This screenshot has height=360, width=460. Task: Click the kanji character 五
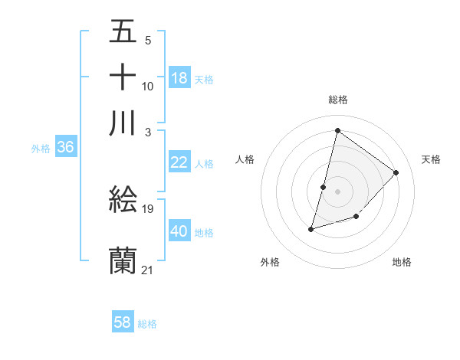tap(123, 32)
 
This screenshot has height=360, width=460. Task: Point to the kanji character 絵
tap(123, 201)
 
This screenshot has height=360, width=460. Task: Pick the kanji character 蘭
tap(123, 260)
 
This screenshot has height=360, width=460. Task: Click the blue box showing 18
tap(179, 78)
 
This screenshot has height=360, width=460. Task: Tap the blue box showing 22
tap(179, 162)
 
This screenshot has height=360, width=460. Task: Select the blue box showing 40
tap(179, 231)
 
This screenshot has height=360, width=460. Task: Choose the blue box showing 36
tap(65, 148)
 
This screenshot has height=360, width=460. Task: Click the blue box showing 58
tap(123, 322)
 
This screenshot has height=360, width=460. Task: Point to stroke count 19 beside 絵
tap(149, 208)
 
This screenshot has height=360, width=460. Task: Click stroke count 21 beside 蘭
tap(148, 269)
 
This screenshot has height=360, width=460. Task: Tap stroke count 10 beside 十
tap(148, 86)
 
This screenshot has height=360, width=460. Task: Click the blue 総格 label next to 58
tap(147, 323)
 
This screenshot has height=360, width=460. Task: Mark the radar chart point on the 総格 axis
tap(337, 130)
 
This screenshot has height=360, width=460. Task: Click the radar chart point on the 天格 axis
tap(396, 172)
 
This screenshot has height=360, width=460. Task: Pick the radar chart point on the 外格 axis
tap(311, 228)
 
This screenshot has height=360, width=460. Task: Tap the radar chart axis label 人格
tap(245, 159)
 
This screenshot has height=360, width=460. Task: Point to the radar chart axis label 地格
tap(402, 262)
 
